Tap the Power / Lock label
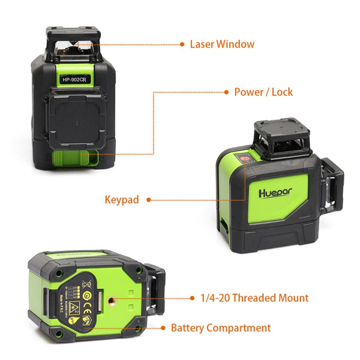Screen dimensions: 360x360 click(263, 92)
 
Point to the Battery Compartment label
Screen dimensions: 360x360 click(221, 328)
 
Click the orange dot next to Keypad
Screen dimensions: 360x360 click(148, 199)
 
